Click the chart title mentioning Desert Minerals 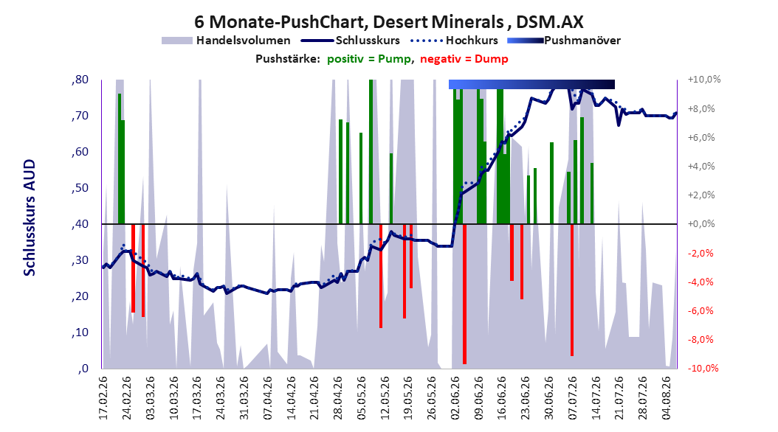click(388, 22)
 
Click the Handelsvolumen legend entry click(227, 41)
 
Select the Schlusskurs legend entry click(351, 41)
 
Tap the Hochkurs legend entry click(454, 41)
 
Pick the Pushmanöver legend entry click(564, 41)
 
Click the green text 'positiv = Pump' click(369, 59)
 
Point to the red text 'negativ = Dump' click(464, 59)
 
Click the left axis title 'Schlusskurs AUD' click(30, 218)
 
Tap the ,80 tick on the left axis click(80, 80)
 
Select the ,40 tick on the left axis click(80, 224)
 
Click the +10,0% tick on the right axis click(704, 80)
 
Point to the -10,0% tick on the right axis click(703, 368)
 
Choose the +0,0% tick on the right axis click(701, 224)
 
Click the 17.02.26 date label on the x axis click(103, 398)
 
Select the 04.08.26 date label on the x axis click(667, 398)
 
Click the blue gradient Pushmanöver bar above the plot click(531, 84)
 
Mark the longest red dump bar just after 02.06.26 click(464, 294)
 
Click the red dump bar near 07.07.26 click(572, 290)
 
